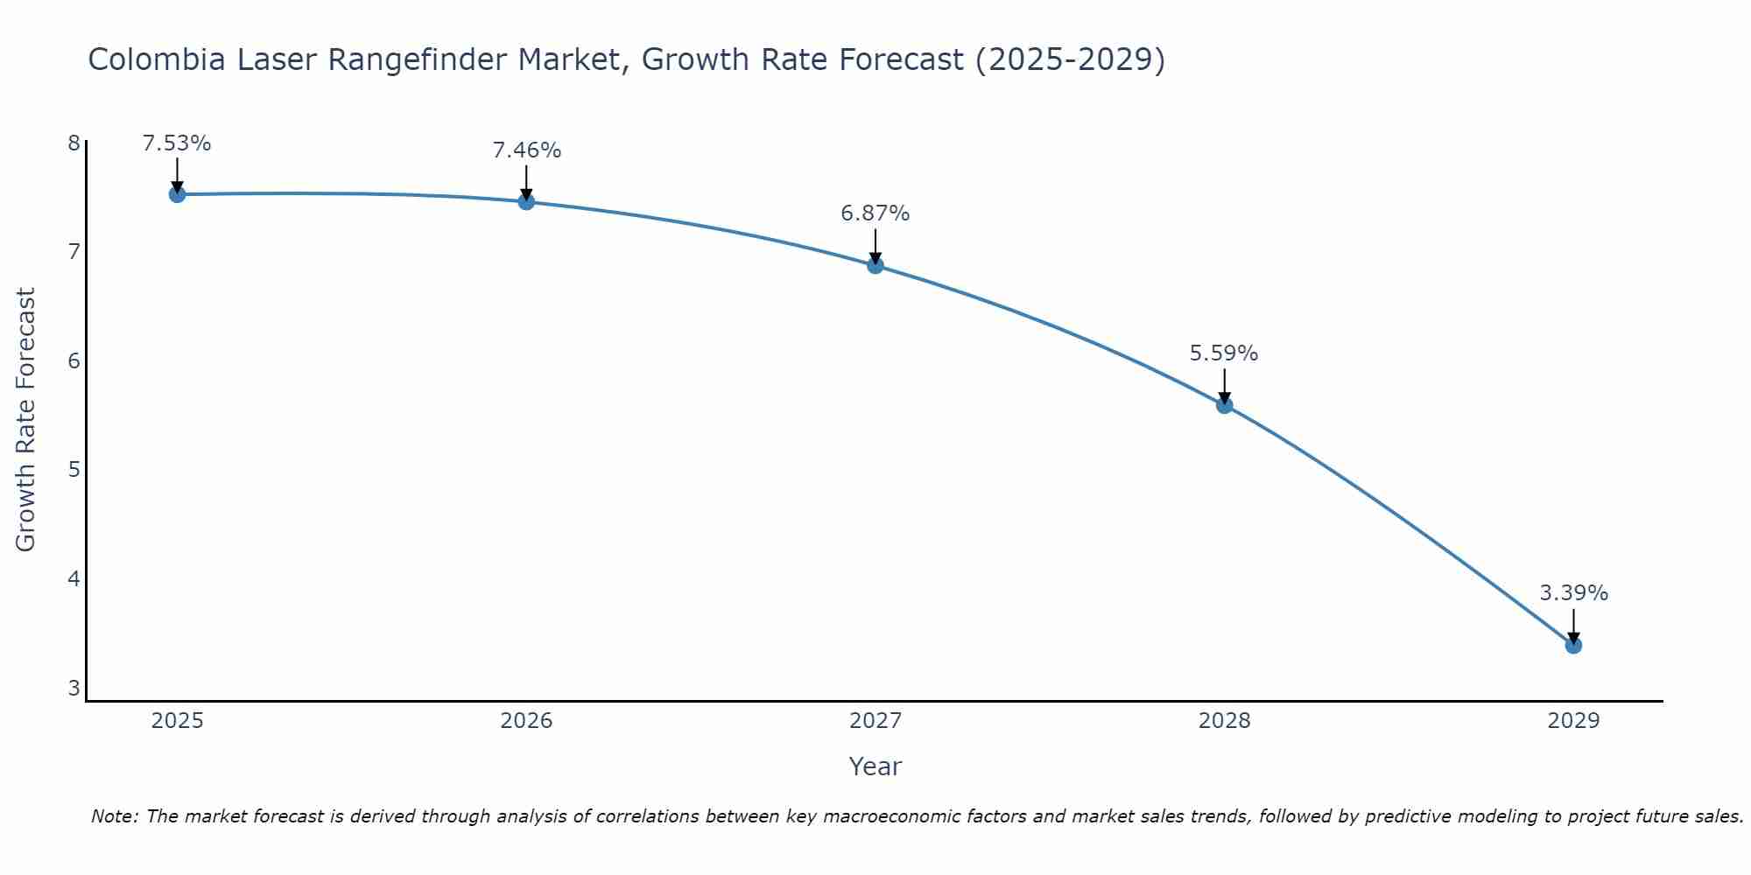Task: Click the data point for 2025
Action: point(177,194)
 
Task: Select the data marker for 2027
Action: point(875,265)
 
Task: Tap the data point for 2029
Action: point(1573,646)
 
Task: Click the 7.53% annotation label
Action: point(177,143)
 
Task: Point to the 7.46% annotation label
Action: point(526,150)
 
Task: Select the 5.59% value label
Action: point(1224,353)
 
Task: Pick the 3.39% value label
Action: point(1573,593)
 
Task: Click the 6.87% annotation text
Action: point(875,213)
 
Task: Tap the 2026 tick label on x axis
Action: point(526,721)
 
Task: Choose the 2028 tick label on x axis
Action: point(1224,721)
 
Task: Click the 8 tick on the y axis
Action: point(74,143)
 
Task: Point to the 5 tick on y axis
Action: point(74,470)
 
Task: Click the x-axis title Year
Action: point(875,766)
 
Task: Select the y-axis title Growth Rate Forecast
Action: point(26,420)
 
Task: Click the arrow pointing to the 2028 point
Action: point(1224,385)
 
